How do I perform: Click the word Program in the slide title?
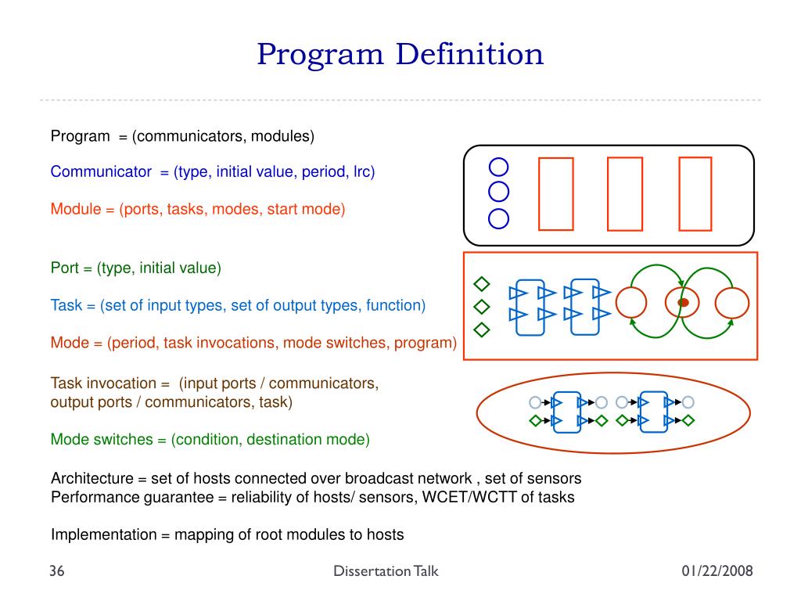[320, 55]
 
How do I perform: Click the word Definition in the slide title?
[469, 55]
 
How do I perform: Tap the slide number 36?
[56, 571]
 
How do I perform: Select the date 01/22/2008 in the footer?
[717, 571]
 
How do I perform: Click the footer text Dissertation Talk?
[386, 571]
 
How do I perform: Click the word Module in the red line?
[76, 209]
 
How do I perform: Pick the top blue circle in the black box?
[498, 167]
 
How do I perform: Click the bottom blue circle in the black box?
[498, 218]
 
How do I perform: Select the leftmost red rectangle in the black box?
[555, 194]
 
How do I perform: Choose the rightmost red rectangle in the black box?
[695, 194]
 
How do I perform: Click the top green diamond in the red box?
[482, 283]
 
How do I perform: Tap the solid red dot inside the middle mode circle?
[683, 302]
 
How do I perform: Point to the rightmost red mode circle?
[733, 303]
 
